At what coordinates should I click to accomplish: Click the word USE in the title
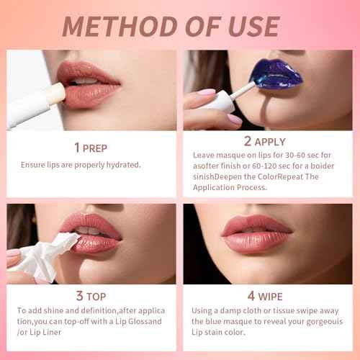[250, 26]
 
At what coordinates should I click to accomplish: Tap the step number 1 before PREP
[77, 148]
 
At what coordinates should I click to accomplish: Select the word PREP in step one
[95, 148]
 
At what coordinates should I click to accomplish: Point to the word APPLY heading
[270, 142]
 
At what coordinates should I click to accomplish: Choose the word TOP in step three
[96, 297]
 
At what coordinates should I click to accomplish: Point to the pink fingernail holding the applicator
[207, 93]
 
